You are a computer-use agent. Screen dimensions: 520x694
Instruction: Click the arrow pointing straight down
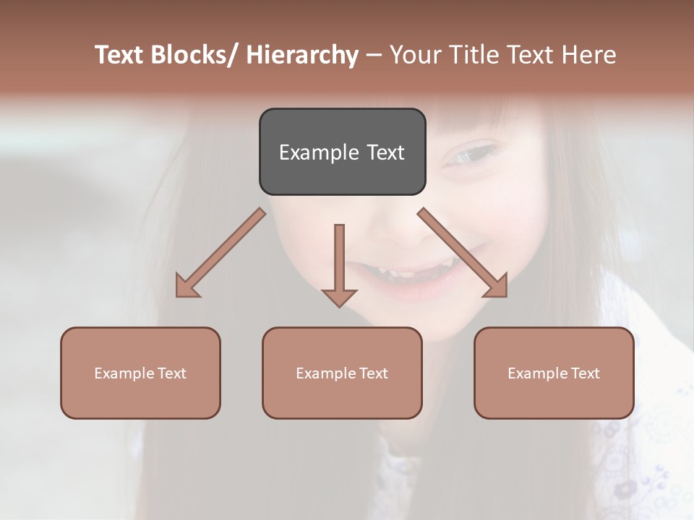tap(339, 264)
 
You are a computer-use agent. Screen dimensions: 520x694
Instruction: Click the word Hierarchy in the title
tap(302, 55)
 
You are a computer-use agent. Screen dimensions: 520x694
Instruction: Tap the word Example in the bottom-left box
tap(124, 373)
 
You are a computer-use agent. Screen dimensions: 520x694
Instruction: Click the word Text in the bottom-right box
tap(585, 373)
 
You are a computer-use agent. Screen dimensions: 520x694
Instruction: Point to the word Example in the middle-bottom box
tap(326, 373)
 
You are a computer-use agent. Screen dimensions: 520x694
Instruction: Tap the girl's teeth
tap(405, 274)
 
